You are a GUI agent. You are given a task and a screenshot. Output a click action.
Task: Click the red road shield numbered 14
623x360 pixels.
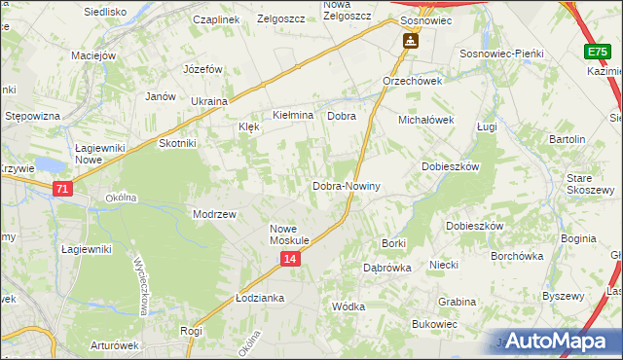pos(290,259)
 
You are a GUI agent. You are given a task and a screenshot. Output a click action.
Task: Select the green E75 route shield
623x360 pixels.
pos(598,52)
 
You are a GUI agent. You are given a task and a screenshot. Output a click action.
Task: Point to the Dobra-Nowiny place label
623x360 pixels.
pos(346,186)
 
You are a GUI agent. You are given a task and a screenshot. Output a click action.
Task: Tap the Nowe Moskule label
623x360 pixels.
pos(289,234)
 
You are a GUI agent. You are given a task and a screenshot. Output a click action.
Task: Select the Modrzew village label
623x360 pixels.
pos(215,214)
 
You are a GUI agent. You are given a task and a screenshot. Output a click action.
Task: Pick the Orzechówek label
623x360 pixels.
pos(412,81)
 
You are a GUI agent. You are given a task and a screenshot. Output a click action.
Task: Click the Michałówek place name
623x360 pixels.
pos(426,120)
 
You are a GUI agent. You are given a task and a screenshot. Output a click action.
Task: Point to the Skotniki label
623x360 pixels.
pos(177,143)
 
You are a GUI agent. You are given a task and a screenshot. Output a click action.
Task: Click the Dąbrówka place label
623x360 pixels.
pos(386,267)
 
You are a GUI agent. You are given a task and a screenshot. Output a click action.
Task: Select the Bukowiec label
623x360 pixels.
pos(434,323)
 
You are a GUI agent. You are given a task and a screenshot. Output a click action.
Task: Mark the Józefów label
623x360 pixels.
pos(203,69)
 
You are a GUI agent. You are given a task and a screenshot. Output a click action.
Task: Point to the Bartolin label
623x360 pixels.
pos(567,139)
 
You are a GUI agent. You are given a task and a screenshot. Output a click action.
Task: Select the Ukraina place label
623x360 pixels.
pos(208,101)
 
